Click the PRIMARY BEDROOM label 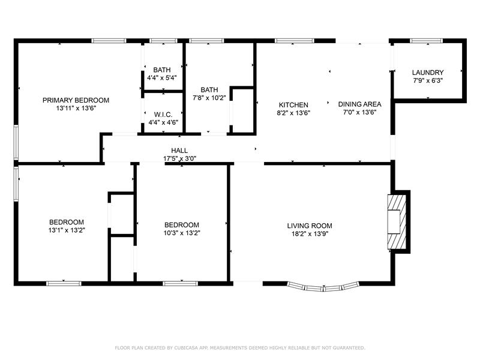(x=76, y=100)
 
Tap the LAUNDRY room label (x=428, y=73)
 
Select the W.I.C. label (x=163, y=115)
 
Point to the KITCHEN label (x=293, y=105)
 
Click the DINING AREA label (x=359, y=104)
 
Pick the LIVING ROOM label (x=310, y=226)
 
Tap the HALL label (x=179, y=151)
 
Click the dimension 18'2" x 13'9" (x=310, y=234)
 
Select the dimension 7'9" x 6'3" (x=428, y=81)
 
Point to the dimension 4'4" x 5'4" (x=162, y=78)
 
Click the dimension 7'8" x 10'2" (x=209, y=98)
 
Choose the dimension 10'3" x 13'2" (x=182, y=233)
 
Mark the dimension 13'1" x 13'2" (x=67, y=230)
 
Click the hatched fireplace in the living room (x=397, y=222)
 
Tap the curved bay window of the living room (x=323, y=287)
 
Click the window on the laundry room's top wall (x=426, y=41)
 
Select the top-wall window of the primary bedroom (x=109, y=41)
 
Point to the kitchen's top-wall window (x=294, y=41)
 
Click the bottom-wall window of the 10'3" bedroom (x=181, y=284)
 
